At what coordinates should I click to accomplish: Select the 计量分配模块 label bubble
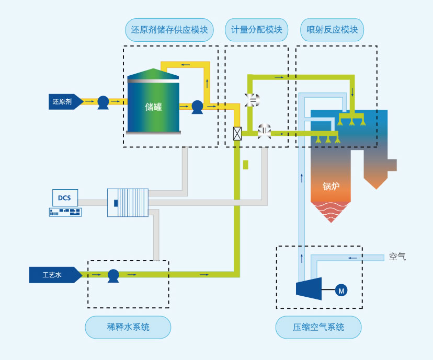pos(257,30)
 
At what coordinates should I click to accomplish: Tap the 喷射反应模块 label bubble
pos(332,30)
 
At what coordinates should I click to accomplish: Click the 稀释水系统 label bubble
pos(128,328)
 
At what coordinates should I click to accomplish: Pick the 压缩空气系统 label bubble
pos(318,328)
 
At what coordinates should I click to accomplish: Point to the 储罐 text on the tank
pos(153,107)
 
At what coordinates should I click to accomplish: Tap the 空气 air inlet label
pos(397,257)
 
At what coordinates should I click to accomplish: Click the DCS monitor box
pos(65,198)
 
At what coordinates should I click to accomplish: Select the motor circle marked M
pos(341,290)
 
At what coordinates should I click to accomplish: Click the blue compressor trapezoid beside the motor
pos(309,289)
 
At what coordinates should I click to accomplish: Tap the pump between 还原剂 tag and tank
pos(103,102)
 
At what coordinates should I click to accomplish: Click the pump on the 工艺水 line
pos(113,275)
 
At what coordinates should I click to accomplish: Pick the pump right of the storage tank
pos(197,107)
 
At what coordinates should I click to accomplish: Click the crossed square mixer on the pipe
pos(237,133)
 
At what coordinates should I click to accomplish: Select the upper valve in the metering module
pos(252,100)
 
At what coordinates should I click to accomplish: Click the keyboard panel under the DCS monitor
pos(65,212)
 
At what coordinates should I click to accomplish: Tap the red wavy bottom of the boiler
pos(331,210)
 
